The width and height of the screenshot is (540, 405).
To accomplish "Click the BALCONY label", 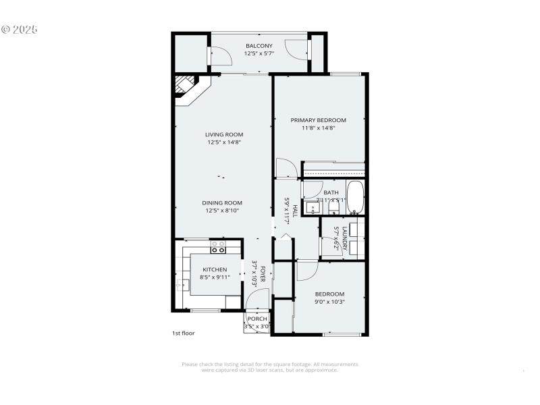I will [259, 46].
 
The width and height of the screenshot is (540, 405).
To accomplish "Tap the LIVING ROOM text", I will [224, 134].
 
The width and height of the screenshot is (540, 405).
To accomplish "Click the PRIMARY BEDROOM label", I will [318, 120].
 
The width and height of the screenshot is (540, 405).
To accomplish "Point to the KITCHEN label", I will [214, 269].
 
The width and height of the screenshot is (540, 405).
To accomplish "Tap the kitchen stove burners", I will [218, 247].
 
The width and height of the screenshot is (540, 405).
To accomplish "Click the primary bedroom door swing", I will [286, 169].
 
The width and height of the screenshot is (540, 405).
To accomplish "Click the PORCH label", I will [257, 319].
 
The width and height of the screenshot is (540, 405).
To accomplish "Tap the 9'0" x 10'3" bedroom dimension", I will [329, 302].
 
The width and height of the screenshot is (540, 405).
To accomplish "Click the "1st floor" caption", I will [183, 333].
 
